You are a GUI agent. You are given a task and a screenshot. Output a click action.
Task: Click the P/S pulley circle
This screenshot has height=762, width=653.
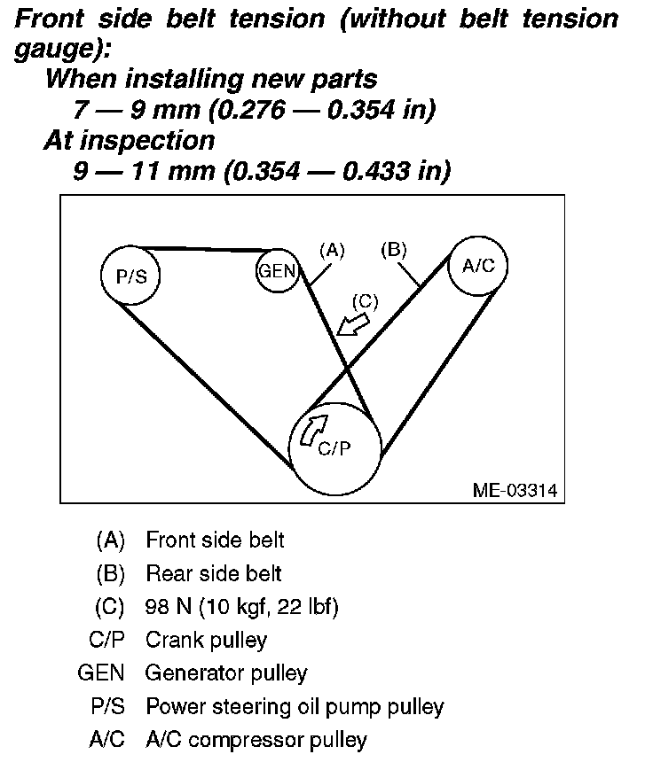point(130,275)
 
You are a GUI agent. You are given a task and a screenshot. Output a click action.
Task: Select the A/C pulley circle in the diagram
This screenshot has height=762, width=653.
point(478,264)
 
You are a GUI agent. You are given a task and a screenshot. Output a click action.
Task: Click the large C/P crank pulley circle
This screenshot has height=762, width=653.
point(335,448)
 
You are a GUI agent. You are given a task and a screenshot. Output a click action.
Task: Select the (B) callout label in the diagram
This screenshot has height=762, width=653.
point(392,251)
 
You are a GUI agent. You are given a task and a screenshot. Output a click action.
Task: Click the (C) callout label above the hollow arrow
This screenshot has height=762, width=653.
point(364,300)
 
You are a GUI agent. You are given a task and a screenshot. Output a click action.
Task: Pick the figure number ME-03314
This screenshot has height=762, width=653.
point(514,490)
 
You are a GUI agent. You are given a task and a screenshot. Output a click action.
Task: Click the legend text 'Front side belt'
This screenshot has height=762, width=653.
point(215,540)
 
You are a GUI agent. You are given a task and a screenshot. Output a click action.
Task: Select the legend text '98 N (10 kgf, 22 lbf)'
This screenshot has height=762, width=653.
point(241,607)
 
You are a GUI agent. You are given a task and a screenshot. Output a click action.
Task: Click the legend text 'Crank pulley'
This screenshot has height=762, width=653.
point(206,640)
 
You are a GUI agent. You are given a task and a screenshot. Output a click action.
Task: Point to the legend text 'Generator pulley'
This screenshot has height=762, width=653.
point(226,673)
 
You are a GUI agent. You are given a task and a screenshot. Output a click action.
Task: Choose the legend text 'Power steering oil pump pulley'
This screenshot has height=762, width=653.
point(294,706)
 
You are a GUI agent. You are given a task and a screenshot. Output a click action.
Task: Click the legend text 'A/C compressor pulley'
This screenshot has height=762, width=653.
point(256,739)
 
